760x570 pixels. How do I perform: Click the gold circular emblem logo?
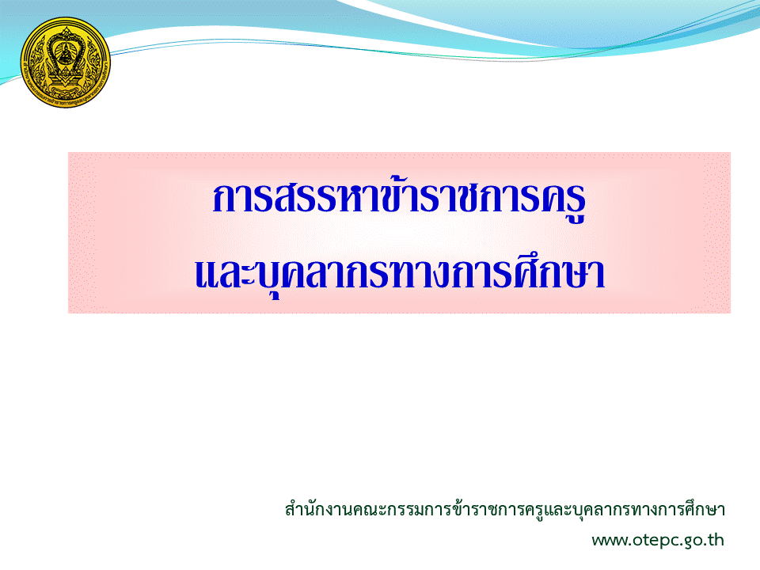(66, 62)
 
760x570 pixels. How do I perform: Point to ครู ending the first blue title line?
(562, 202)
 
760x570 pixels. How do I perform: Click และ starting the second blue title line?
(219, 273)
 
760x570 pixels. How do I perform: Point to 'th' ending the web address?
(714, 539)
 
